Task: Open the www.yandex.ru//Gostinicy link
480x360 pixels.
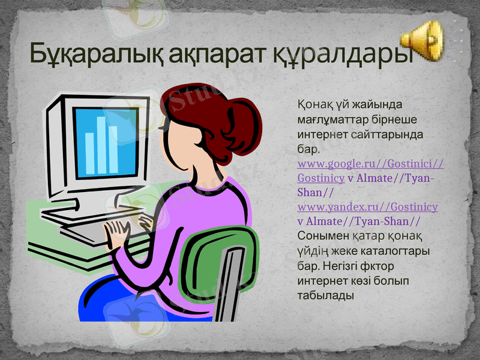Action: (x=367, y=207)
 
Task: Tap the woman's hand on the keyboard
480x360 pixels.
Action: (x=118, y=231)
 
